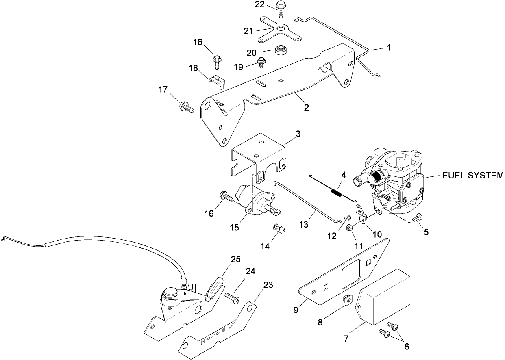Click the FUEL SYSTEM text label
point(473,176)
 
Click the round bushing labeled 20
point(280,51)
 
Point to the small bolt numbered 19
point(261,63)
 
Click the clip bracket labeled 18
point(217,80)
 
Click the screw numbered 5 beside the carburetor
point(417,218)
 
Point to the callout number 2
point(306,108)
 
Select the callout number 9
point(296,309)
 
